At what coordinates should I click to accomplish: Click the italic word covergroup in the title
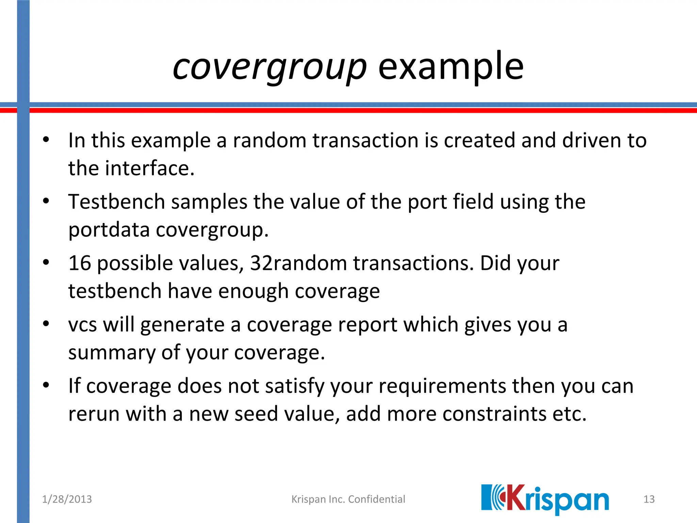(x=270, y=67)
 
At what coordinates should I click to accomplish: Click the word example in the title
(x=451, y=67)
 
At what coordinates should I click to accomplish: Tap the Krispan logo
(x=545, y=499)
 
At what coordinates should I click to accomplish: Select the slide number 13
(x=649, y=499)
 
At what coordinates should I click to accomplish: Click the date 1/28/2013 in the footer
(x=67, y=499)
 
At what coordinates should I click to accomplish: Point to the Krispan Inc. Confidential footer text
(x=348, y=499)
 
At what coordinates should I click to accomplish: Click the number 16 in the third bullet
(x=80, y=263)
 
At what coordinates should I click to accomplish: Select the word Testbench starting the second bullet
(x=116, y=202)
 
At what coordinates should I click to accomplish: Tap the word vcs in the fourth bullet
(x=82, y=325)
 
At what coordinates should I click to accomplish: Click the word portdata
(x=109, y=230)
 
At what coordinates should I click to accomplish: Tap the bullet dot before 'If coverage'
(x=46, y=385)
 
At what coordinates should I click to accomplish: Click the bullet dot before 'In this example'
(x=46, y=140)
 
